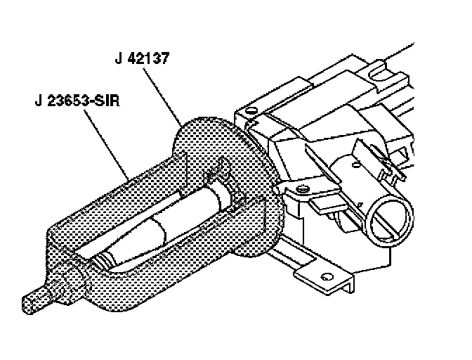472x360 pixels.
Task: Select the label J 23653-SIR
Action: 77,101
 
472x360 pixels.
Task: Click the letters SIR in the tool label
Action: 105,101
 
